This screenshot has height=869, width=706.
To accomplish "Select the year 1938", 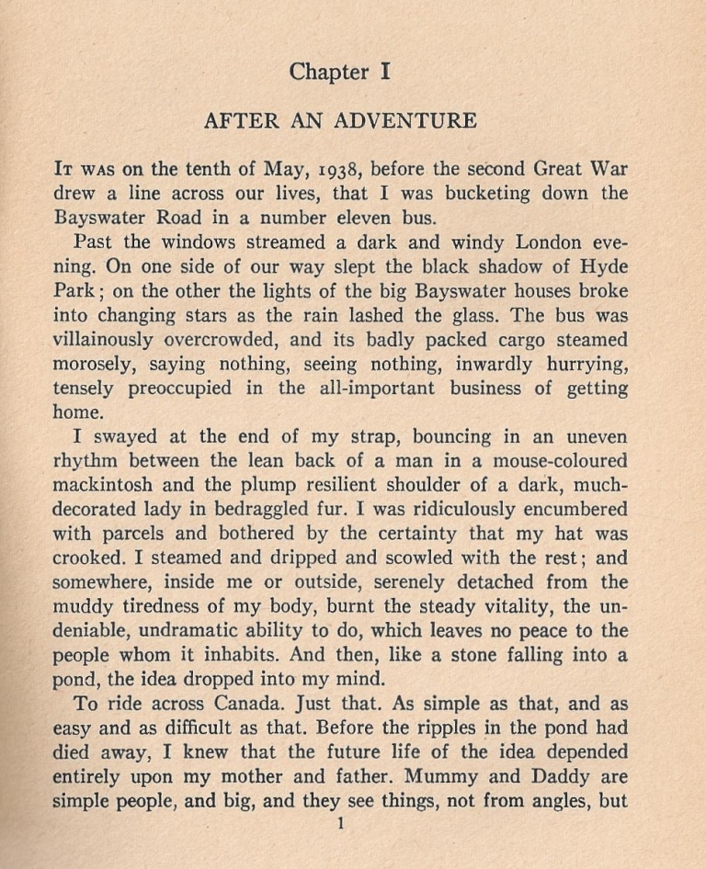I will tap(329, 170).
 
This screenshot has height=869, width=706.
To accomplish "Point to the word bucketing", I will tap(492, 194).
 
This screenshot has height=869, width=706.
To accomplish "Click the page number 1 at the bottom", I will tap(341, 825).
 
